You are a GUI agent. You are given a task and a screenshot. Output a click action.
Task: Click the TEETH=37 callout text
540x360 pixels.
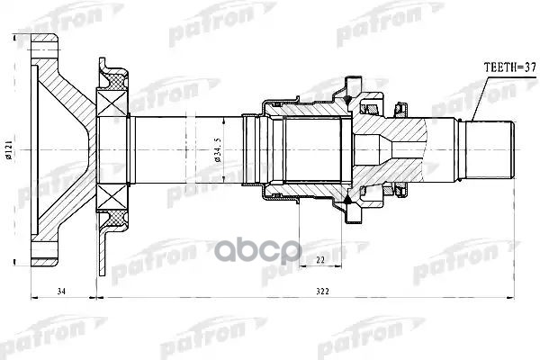[509, 67]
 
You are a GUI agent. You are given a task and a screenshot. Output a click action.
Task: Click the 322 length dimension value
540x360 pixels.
[323, 292]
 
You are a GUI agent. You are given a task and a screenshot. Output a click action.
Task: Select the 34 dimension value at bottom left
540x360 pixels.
[61, 292]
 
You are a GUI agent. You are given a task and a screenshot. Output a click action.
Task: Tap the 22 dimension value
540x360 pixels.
[320, 260]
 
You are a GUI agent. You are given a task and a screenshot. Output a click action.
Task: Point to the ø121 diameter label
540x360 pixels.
[9, 150]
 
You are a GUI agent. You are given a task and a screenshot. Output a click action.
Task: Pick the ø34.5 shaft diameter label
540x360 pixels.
[218, 150]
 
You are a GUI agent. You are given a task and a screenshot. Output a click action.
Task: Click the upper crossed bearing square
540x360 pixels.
[112, 103]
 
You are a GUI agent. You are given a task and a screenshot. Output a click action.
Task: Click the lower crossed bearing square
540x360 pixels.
[112, 197]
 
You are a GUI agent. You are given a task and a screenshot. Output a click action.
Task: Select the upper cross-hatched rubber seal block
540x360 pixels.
[117, 82]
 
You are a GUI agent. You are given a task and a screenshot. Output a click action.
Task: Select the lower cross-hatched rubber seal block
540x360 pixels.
[117, 219]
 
